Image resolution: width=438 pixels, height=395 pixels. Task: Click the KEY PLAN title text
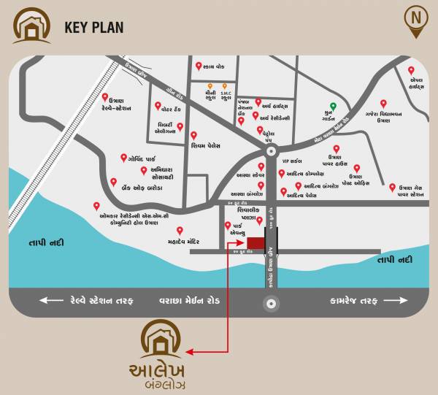(94, 28)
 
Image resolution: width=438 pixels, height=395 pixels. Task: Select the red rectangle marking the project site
(255, 243)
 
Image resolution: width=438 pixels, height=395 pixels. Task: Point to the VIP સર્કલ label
(291, 161)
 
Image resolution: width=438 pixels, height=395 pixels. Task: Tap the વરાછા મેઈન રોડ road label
(192, 300)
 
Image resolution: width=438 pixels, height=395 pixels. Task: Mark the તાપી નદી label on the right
(394, 259)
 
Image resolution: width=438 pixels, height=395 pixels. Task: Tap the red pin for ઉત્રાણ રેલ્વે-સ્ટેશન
(105, 97)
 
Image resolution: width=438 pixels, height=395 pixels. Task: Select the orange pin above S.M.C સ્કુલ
(225, 86)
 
